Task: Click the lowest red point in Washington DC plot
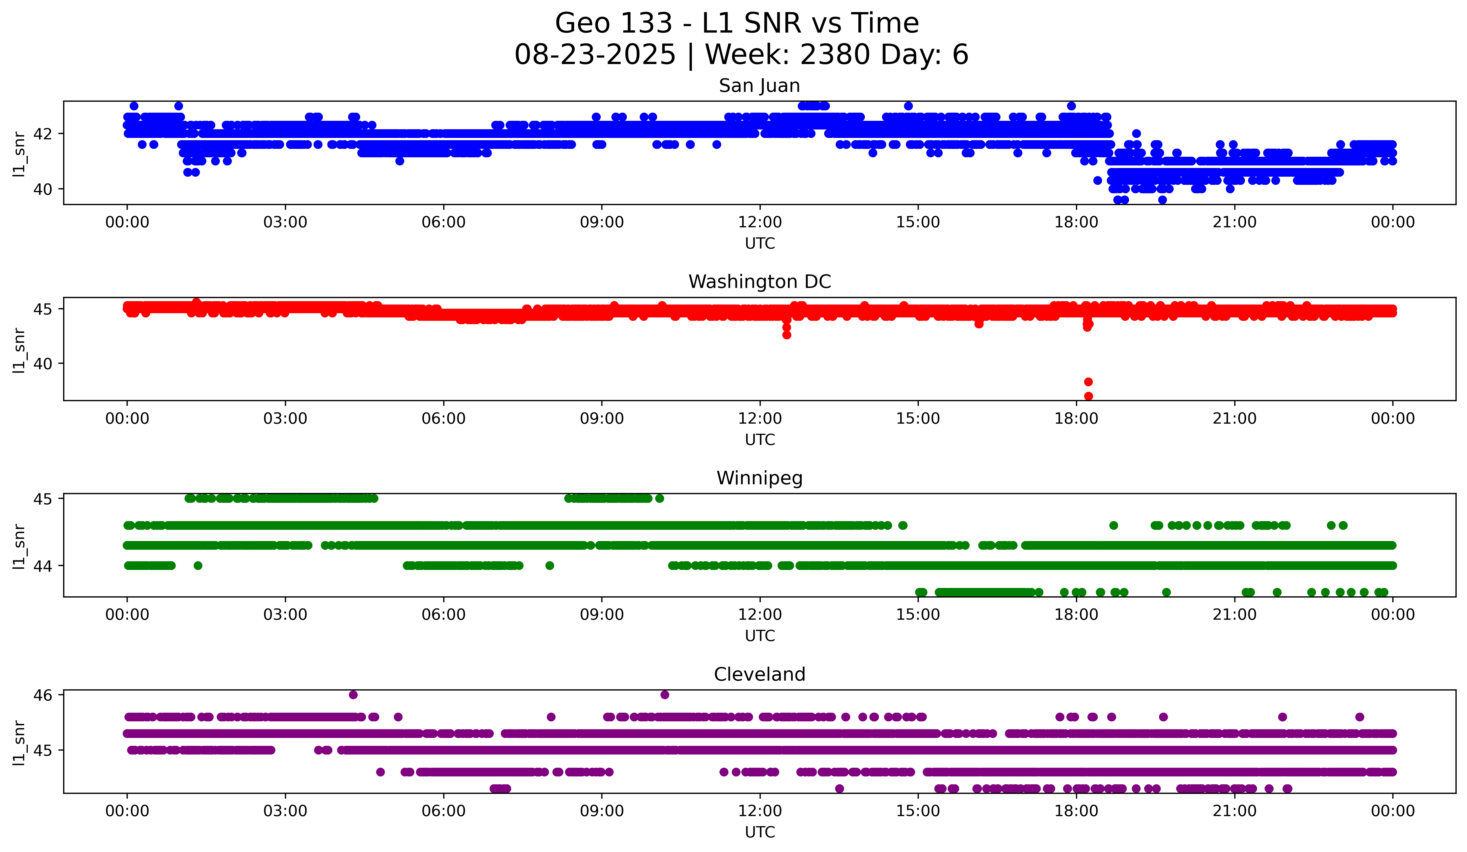point(1088,396)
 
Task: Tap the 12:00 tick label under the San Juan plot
point(760,222)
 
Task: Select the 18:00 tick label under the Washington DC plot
point(1076,419)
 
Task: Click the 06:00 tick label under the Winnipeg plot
point(444,615)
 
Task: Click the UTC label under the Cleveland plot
point(760,832)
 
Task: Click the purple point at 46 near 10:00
point(665,695)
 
